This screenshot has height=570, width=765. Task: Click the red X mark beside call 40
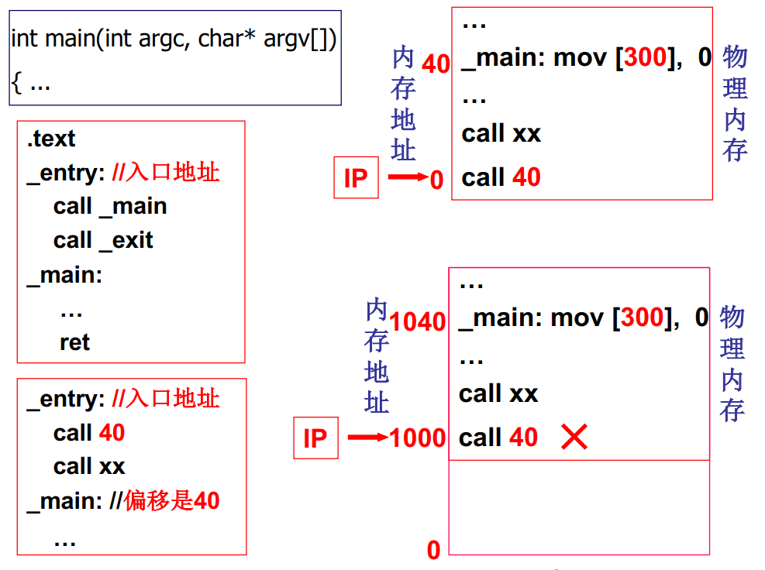(x=574, y=438)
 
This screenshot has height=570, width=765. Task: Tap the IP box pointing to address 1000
(x=315, y=438)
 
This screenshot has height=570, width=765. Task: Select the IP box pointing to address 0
(x=356, y=178)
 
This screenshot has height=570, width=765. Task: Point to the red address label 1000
(x=419, y=438)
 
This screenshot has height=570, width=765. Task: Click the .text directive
(x=50, y=139)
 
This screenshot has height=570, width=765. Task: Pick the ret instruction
(x=74, y=342)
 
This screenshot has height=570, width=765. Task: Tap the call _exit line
(x=103, y=240)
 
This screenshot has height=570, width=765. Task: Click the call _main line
(x=110, y=206)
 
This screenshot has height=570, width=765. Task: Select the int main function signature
(x=174, y=39)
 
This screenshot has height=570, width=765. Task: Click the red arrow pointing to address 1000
(x=367, y=438)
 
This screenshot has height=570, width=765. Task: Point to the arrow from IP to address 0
(x=408, y=178)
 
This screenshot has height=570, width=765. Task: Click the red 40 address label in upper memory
(x=436, y=64)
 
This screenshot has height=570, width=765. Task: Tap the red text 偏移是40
(x=172, y=501)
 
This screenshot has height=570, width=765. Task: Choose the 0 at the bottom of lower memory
(x=433, y=551)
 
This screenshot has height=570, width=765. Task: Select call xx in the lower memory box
(x=498, y=394)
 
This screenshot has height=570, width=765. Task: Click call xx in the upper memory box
(x=501, y=133)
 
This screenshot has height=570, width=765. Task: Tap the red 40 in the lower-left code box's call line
(x=112, y=433)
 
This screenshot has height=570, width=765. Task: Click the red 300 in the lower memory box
(x=643, y=318)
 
